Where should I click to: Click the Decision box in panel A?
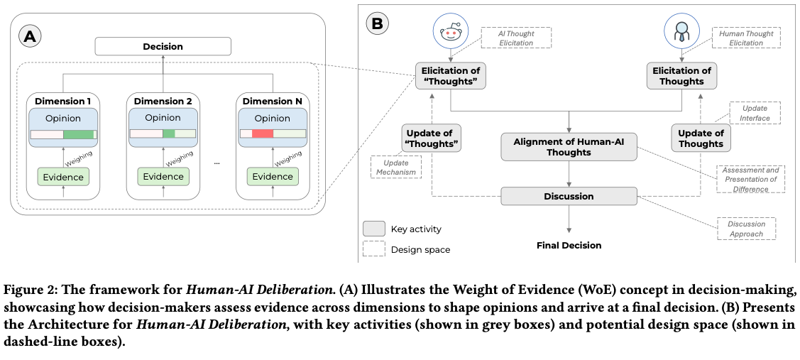click(x=163, y=47)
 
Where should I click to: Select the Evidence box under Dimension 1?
click(x=64, y=177)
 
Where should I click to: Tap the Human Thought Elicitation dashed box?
click(x=746, y=38)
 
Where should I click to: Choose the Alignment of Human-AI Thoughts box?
click(x=569, y=146)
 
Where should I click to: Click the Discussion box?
click(x=569, y=196)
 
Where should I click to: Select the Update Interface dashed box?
click(x=755, y=111)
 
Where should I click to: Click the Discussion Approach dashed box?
click(x=746, y=229)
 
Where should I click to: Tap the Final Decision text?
click(x=569, y=245)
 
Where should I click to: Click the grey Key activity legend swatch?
click(x=373, y=229)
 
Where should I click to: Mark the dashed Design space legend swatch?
click(x=373, y=249)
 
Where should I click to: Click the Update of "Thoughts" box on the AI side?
click(x=432, y=138)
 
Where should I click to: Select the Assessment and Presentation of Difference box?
click(x=750, y=179)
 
